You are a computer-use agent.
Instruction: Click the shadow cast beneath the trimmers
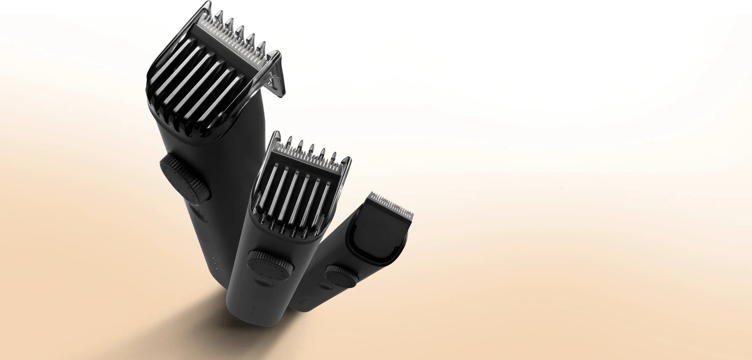(179, 324)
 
